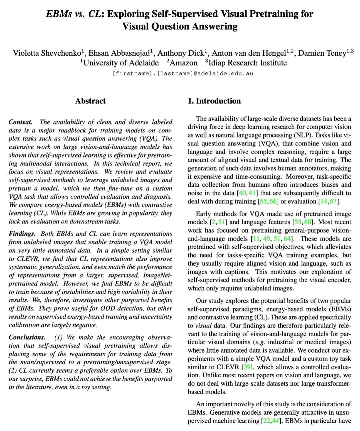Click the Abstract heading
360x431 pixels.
tap(90, 101)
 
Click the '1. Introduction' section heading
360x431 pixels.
tap(214, 101)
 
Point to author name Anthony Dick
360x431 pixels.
tap(180, 53)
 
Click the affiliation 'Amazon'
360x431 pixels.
tap(183, 63)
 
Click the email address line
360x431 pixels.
tap(183, 73)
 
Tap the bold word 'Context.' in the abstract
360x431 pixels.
tap(21, 122)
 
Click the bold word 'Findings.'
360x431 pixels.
tap(22, 234)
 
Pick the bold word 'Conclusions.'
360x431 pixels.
tap(27, 337)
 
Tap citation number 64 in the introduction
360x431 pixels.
tap(287, 239)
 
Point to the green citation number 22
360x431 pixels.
tap(266, 421)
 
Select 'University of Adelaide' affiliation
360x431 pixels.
tap(121, 63)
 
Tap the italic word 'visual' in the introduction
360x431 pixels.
tap(203, 326)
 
